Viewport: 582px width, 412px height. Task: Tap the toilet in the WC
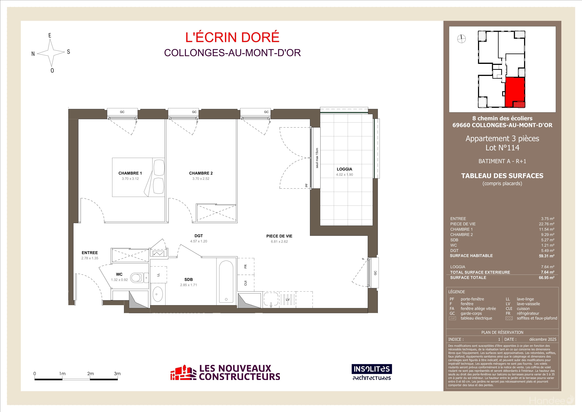[x=137, y=278]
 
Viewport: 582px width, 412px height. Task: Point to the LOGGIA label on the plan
[x=344, y=169]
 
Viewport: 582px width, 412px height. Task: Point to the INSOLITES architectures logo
[x=372, y=372]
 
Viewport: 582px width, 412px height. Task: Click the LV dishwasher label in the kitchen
[x=288, y=300]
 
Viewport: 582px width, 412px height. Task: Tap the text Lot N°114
[x=502, y=148]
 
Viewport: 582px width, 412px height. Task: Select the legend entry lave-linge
[x=525, y=299]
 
